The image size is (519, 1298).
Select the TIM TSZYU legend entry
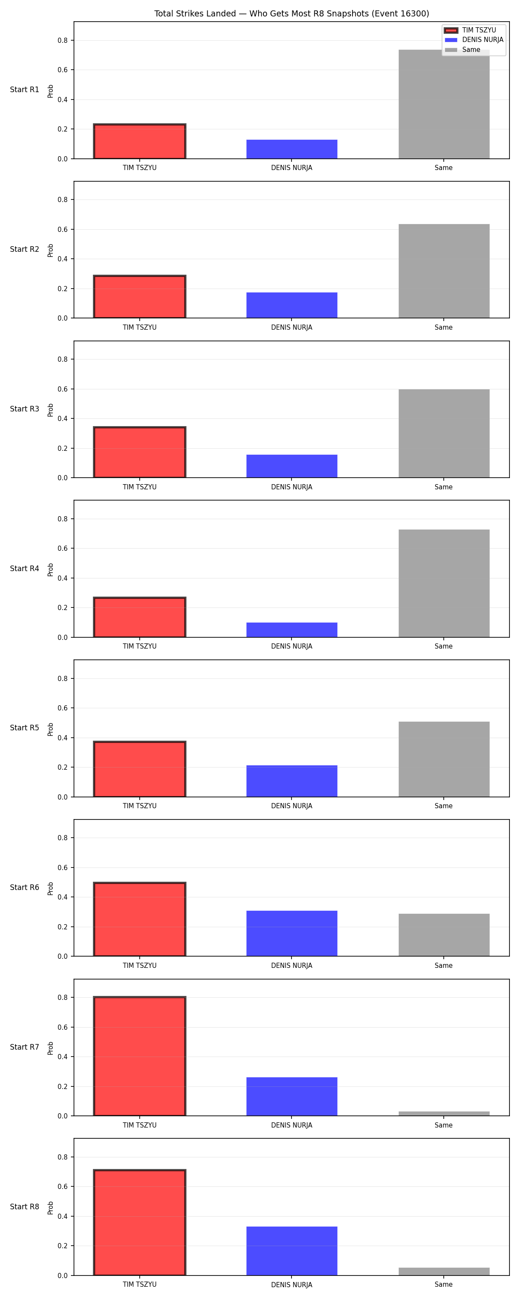pyautogui.click(x=474, y=30)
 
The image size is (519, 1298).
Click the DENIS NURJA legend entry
pyautogui.click(x=474, y=40)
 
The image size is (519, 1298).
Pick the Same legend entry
pyautogui.click(x=463, y=50)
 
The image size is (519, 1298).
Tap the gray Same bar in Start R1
pyautogui.click(x=444, y=104)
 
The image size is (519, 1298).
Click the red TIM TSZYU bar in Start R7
pyautogui.click(x=140, y=1056)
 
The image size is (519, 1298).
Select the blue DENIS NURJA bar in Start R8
pyautogui.click(x=292, y=1251)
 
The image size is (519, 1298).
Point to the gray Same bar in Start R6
pyautogui.click(x=444, y=935)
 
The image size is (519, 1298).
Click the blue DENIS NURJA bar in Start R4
pyautogui.click(x=292, y=630)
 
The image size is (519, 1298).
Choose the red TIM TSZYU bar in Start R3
pyautogui.click(x=140, y=452)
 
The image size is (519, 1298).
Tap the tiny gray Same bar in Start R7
pyautogui.click(x=444, y=1114)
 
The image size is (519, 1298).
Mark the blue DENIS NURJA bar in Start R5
pyautogui.click(x=292, y=781)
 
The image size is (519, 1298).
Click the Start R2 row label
pyautogui.click(x=25, y=249)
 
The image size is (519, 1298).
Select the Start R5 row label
pyautogui.click(x=25, y=728)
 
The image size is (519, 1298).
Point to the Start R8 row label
pyautogui.click(x=25, y=1206)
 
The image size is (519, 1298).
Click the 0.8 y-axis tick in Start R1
pyautogui.click(x=62, y=40)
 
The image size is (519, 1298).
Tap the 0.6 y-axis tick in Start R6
pyautogui.click(x=62, y=867)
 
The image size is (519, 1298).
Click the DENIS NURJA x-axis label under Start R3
pyautogui.click(x=292, y=487)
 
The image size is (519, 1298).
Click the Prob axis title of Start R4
pyautogui.click(x=51, y=570)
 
